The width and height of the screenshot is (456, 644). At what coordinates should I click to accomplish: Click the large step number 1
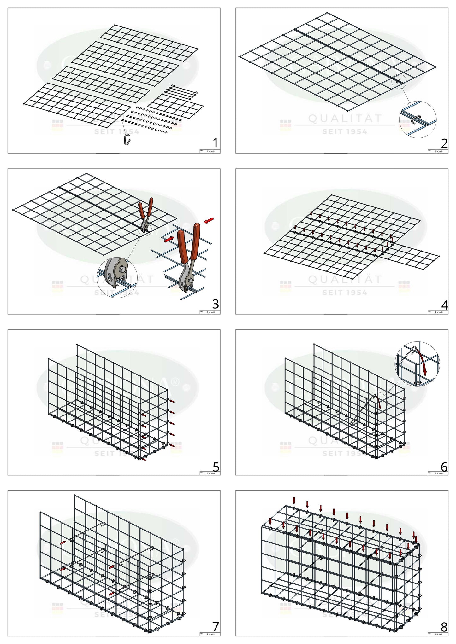point(215,143)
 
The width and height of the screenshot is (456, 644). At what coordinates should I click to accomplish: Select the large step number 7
point(216,627)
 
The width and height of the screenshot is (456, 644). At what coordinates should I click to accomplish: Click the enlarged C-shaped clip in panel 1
point(127,139)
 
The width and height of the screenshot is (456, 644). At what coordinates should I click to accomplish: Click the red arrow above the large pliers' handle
point(209,220)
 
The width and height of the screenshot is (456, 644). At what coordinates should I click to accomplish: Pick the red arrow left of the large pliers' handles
point(169,240)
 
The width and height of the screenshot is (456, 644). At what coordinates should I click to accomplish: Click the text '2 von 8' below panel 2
point(439,151)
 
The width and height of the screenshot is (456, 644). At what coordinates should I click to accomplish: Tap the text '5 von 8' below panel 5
point(210,473)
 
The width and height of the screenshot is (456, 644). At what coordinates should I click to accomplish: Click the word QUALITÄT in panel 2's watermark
point(345,119)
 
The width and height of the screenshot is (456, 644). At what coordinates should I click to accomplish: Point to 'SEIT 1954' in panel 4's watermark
point(345,293)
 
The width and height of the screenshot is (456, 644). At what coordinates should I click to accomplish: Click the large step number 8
point(444,627)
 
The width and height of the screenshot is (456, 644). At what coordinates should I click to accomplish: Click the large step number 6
point(444,466)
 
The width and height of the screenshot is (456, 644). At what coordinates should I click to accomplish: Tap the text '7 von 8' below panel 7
point(210,634)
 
